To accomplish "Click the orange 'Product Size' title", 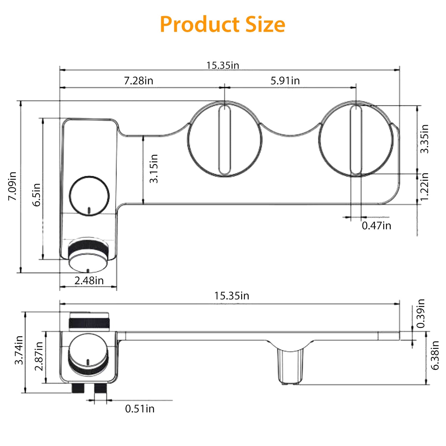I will [222, 24].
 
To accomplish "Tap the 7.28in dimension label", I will [139, 81].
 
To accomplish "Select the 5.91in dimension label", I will [285, 81].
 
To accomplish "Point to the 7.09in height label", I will [12, 186].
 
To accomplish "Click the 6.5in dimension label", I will [37, 195].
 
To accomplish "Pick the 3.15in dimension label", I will [154, 169].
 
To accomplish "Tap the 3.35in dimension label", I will [424, 139].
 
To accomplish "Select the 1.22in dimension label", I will [424, 186].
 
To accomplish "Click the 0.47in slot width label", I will [376, 226].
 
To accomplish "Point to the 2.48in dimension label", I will [89, 280].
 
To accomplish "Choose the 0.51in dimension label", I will [140, 409].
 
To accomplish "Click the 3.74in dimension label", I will [19, 350].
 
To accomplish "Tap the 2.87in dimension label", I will [39, 356].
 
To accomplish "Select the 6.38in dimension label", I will [435, 355].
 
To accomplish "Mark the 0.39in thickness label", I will [421, 313].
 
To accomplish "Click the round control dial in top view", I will [89, 196].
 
